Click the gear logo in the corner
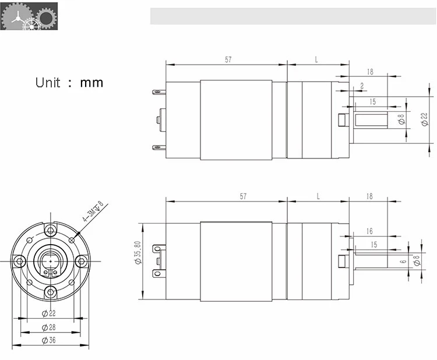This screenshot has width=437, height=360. (x=29, y=16)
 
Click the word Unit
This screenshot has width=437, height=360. (x=48, y=82)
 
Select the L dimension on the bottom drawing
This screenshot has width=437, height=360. (x=318, y=196)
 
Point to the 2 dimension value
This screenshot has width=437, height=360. (x=362, y=86)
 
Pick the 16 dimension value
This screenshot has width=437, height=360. (x=369, y=231)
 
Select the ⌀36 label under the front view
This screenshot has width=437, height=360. (x=49, y=341)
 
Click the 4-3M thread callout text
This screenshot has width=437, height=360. (x=92, y=213)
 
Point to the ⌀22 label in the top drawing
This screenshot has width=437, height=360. (x=424, y=119)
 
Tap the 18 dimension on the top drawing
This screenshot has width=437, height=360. (x=370, y=72)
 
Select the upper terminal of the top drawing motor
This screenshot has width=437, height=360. (x=157, y=92)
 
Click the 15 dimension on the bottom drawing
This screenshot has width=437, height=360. (x=373, y=245)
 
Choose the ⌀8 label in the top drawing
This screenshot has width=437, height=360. (x=401, y=119)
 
